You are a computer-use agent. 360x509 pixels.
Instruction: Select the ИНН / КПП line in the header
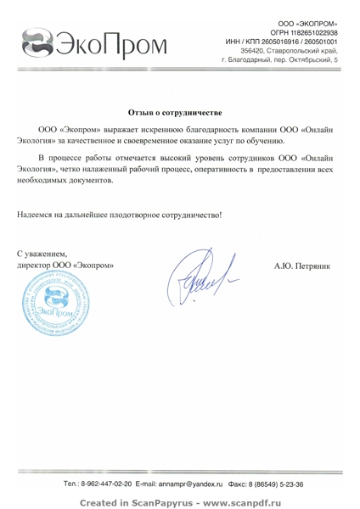click(280, 41)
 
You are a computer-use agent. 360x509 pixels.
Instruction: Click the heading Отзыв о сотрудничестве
click(175, 112)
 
